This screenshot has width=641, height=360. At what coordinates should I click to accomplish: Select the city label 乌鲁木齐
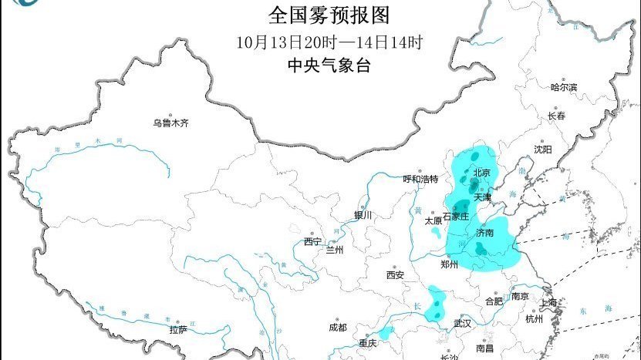coord(170,123)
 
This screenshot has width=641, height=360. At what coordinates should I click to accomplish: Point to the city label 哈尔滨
coord(564,88)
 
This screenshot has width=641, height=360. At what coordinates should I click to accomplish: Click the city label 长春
coord(556,116)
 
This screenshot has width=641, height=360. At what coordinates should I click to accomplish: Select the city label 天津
coord(483,198)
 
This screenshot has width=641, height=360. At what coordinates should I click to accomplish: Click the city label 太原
coord(434,220)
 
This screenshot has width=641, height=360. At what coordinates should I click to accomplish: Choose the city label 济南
coord(485,232)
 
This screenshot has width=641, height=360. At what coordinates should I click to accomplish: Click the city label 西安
coord(396,274)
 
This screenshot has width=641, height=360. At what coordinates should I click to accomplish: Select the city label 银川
coord(363,215)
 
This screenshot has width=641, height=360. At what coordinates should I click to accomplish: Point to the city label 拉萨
coord(178,329)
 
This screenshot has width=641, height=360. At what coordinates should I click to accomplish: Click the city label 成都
coord(337,328)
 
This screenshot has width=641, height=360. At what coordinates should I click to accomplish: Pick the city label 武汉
coord(462,323)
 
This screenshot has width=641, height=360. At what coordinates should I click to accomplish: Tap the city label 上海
coord(549,303)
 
